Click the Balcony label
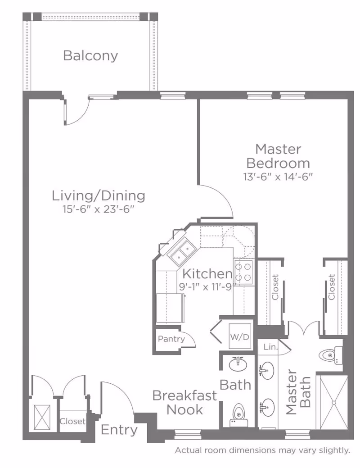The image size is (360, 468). click(90, 56)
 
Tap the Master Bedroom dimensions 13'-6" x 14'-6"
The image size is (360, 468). click(278, 177)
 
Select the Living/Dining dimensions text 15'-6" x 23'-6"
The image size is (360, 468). click(97, 209)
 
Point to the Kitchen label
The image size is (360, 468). click(207, 274)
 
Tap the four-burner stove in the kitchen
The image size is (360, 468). click(243, 272)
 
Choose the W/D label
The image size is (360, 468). click(239, 336)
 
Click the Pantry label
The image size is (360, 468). click(171, 339)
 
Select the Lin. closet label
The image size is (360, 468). click(270, 347)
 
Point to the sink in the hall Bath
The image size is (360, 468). click(238, 363)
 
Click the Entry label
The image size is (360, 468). click(119, 430)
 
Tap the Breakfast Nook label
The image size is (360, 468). click(184, 402)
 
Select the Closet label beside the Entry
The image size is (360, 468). click(72, 421)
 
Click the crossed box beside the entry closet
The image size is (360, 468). click(42, 417)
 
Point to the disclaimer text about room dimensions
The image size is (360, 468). click(262, 450)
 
